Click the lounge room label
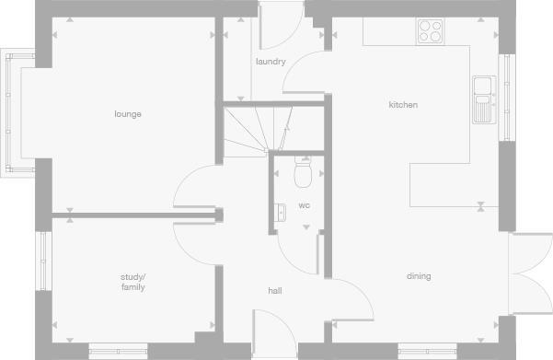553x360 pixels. click(128, 114)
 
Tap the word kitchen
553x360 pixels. click(403, 105)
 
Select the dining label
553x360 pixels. click(419, 276)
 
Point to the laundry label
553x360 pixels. click(271, 62)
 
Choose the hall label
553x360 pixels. click(274, 291)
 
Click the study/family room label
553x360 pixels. click(133, 282)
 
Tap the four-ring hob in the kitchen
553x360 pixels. click(430, 31)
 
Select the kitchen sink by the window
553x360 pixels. click(483, 99)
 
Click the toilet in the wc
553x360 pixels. click(303, 171)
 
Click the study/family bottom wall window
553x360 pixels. click(118, 351)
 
